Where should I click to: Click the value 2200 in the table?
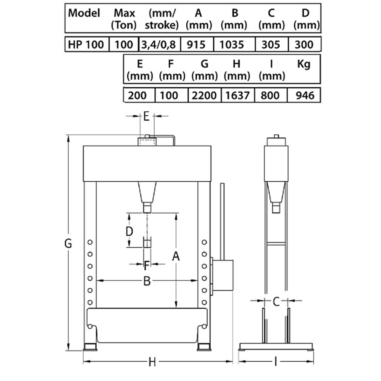point(204,96)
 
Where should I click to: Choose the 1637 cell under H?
point(237,96)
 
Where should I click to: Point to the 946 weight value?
point(305,96)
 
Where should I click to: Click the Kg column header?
point(304,64)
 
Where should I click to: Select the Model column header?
point(84,13)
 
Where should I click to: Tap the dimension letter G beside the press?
point(68,244)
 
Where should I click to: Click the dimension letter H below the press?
point(152,362)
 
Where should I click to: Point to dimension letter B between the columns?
point(147,281)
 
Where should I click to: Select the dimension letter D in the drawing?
point(129,231)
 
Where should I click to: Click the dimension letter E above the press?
point(146,116)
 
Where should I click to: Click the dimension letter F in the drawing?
point(146,265)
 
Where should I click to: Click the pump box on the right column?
point(223,275)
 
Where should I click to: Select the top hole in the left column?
point(90,242)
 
